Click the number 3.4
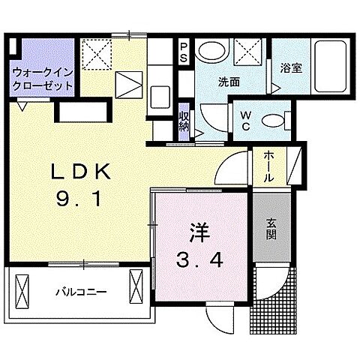198,262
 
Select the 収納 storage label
184,122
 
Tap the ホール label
268,166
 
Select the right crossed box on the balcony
137,286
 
